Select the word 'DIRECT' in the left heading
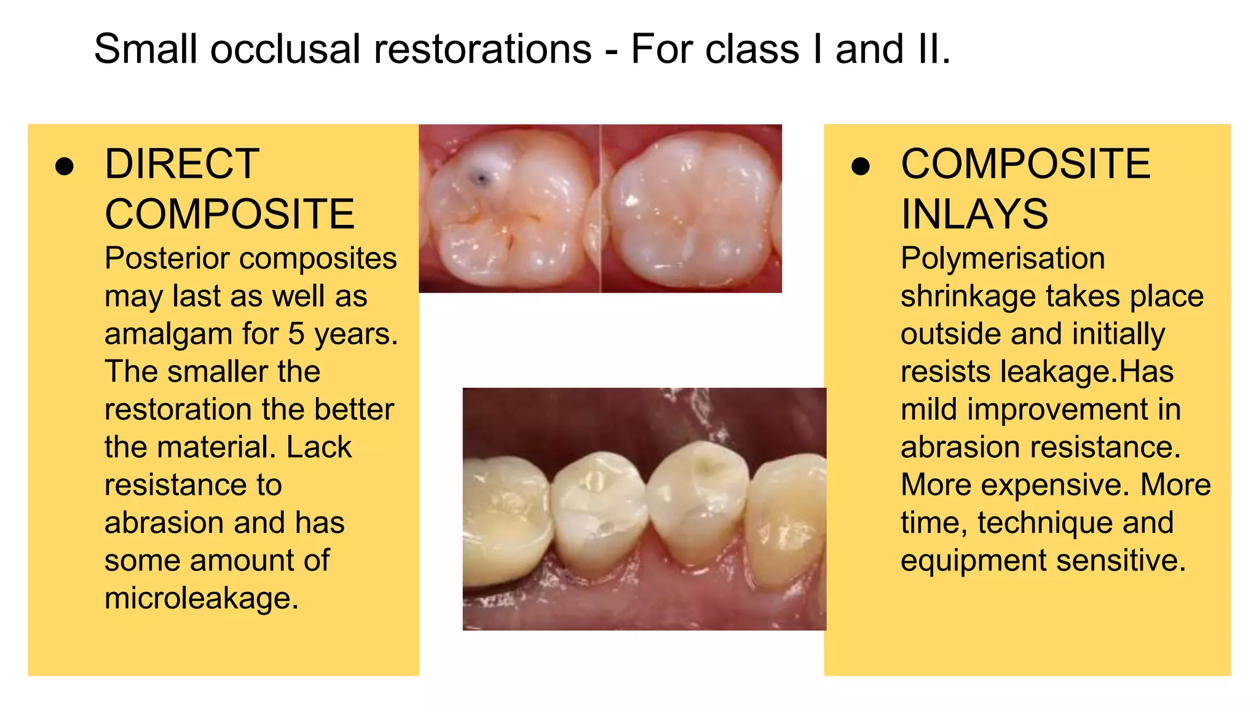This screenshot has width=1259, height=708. click(x=182, y=164)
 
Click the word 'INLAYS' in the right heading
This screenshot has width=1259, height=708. click(x=974, y=214)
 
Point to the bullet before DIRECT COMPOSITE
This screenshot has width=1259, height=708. click(x=65, y=166)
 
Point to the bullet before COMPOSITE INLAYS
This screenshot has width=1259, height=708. click(x=861, y=166)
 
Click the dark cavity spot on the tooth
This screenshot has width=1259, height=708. click(x=481, y=179)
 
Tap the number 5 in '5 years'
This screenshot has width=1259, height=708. click(x=296, y=334)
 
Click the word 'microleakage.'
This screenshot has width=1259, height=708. click(x=201, y=598)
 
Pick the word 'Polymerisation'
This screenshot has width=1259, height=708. click(x=1002, y=258)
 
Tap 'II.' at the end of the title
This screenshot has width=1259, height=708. click(x=933, y=49)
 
